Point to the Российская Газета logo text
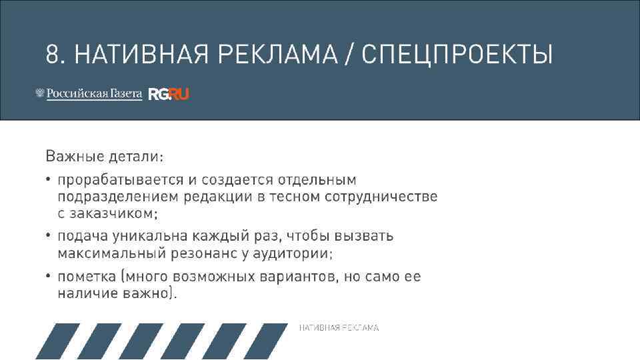94,94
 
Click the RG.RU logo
169,95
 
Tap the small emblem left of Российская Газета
39,94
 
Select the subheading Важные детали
104,157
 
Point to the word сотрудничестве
381,197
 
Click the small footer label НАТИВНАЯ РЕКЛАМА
339,328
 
